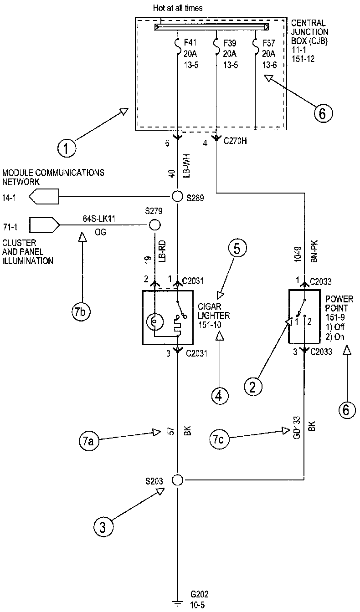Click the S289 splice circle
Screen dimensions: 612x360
pyautogui.click(x=177, y=196)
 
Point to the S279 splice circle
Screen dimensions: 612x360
pyautogui.click(x=155, y=225)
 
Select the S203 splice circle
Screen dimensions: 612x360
pyautogui.click(x=177, y=479)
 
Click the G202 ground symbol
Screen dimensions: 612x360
pyautogui.click(x=177, y=603)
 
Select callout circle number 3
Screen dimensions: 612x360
pyautogui.click(x=103, y=527)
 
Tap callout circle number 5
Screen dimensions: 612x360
pyautogui.click(x=237, y=249)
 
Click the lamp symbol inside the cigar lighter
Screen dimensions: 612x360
pyautogui.click(x=155, y=322)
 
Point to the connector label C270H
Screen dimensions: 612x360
pyautogui.click(x=235, y=142)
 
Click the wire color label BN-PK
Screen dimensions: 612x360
pyautogui.click(x=313, y=251)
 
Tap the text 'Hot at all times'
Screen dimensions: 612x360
pyautogui.click(x=178, y=8)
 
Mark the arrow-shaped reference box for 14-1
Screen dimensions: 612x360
pyautogui.click(x=44, y=197)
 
